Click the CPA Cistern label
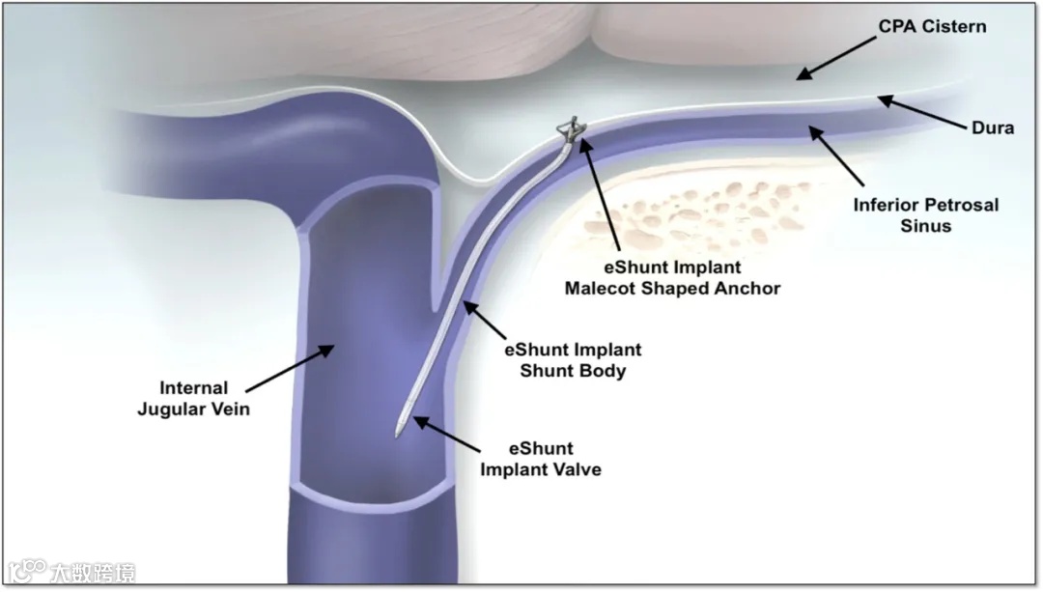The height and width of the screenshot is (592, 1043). pyautogui.click(x=932, y=26)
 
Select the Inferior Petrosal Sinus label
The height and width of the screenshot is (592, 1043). pyautogui.click(x=925, y=214)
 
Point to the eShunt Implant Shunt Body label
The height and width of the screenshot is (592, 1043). pyautogui.click(x=573, y=359)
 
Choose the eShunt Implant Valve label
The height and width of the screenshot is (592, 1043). pyautogui.click(x=541, y=459)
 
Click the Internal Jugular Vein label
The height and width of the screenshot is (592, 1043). pyautogui.click(x=194, y=399)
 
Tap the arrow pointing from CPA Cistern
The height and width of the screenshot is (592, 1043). pyautogui.click(x=836, y=59)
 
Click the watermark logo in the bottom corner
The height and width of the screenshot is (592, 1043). pyautogui.click(x=68, y=571)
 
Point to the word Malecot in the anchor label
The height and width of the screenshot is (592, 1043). pyautogui.click(x=606, y=288)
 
